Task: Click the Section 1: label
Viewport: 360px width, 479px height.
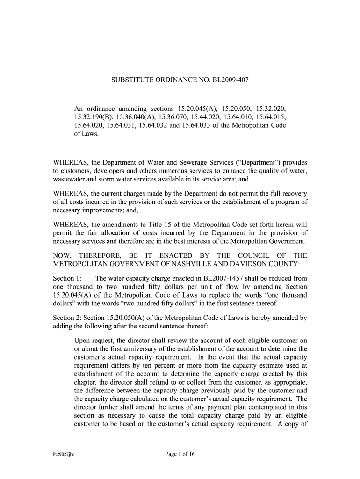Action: (x=67, y=278)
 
